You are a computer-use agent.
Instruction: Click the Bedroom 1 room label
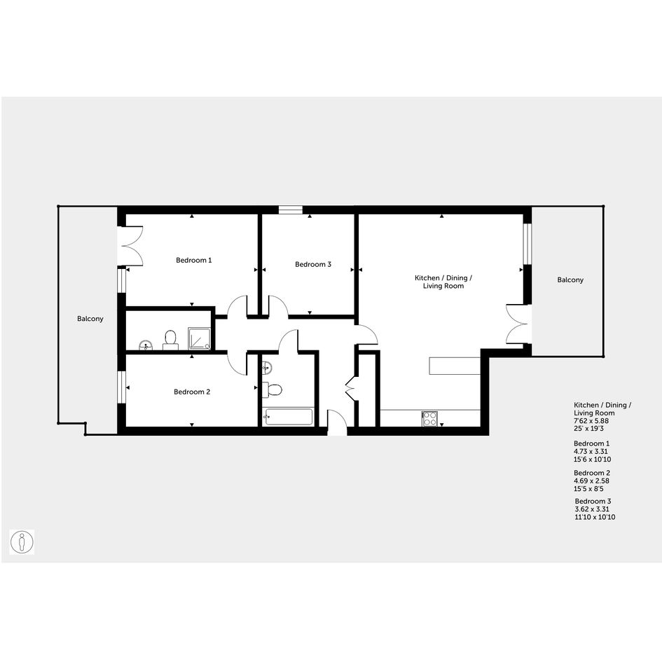194,260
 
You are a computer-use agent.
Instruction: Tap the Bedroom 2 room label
192,392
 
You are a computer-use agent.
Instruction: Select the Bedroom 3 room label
313,264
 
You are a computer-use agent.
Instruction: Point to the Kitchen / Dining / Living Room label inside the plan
443,282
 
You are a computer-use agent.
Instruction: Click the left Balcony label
90,318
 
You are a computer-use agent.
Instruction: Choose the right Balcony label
570,280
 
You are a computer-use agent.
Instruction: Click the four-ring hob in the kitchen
430,418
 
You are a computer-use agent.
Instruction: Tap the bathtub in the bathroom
287,417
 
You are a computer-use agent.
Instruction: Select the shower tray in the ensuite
199,339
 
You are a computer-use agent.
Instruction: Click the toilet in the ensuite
170,340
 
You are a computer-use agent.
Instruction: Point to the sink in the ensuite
146,345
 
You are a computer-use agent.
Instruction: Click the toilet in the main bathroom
272,389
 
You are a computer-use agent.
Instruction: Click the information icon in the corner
22,542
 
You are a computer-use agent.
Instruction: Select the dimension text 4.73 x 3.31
591,451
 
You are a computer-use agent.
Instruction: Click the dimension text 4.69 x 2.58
591,481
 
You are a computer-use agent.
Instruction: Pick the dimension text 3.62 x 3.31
592,509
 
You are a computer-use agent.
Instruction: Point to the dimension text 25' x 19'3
589,428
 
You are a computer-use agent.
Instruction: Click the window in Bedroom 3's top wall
291,210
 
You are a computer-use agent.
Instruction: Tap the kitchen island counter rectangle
455,366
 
